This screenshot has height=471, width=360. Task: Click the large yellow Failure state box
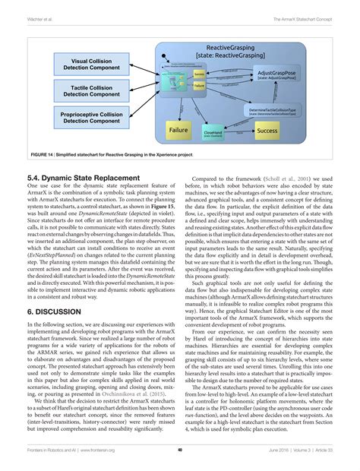click(177, 131)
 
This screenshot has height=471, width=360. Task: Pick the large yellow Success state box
click(267, 131)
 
